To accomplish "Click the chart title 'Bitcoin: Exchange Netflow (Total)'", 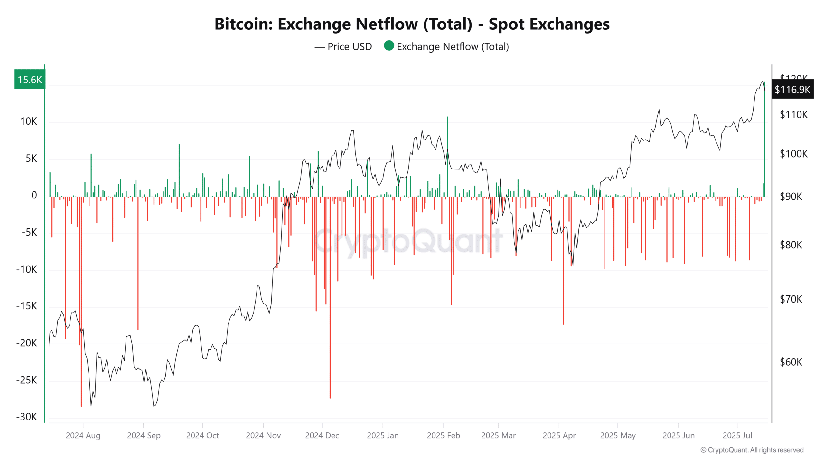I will point(412,24).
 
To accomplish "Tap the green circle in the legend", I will point(389,46).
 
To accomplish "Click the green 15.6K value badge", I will point(30,79).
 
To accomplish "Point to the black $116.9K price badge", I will point(792,89).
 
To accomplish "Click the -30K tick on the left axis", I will point(27,417).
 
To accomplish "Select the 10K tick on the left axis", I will point(29,121).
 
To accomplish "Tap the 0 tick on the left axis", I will point(34,195).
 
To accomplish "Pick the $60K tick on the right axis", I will point(791,362).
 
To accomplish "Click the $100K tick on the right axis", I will point(793,154).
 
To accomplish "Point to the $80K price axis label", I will point(791,245).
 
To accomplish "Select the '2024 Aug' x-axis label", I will point(83,435).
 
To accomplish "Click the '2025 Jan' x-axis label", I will point(383,435).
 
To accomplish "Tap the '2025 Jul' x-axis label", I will point(737,435).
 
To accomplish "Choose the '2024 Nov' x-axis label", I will point(263,435).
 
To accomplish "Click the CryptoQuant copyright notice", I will point(752,450).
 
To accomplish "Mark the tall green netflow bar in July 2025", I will point(764,139).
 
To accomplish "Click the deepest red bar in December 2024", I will point(330,296).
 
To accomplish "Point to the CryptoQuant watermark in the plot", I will point(409,241).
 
